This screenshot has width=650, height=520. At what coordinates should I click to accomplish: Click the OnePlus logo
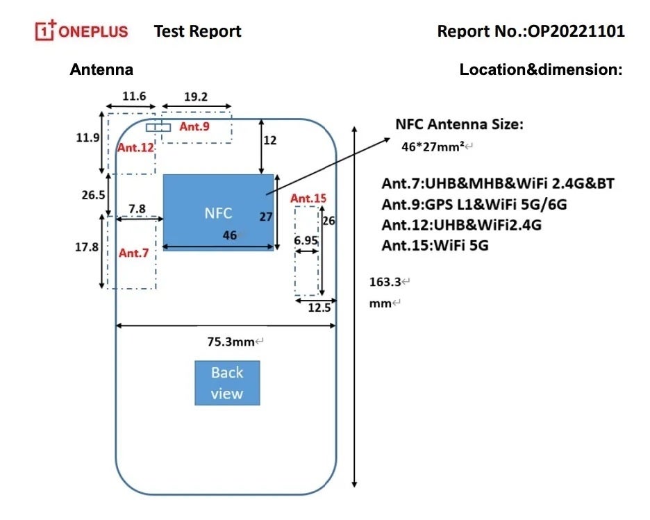pos(82,31)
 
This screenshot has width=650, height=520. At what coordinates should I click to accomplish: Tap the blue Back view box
pos(227,383)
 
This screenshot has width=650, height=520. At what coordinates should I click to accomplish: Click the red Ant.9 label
pos(194,126)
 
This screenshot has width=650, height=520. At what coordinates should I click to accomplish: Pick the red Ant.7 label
pos(133,253)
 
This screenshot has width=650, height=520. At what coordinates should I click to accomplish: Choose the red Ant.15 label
pos(308,199)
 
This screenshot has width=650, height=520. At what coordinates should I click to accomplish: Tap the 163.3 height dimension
pos(385,282)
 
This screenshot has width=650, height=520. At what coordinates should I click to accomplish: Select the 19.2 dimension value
pos(196,97)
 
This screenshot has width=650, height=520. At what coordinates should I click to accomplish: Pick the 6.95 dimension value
pos(306,240)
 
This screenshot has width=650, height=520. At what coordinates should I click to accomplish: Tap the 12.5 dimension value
pos(319,308)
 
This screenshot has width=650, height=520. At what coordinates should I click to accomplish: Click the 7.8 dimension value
pos(137,208)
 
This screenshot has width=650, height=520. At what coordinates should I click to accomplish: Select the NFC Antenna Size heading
pos(459,125)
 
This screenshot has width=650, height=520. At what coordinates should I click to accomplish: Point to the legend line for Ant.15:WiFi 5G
pos(435,245)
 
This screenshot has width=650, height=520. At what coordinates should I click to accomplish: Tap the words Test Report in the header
pos(197,31)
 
